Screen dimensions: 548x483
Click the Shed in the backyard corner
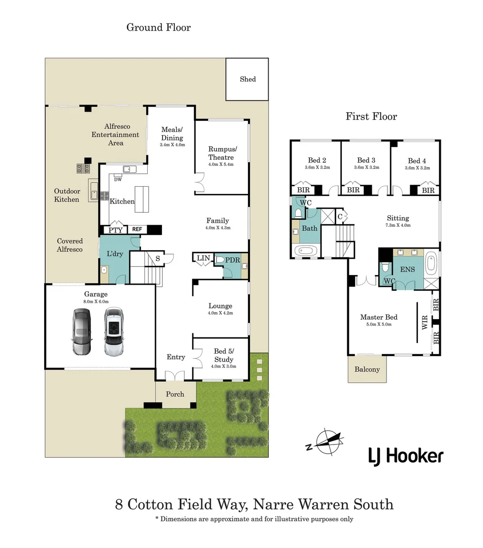247,79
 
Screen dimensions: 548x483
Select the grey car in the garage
81,332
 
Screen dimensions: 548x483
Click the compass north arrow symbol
326,441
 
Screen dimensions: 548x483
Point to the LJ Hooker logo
406,456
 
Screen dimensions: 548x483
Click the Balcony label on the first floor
367,369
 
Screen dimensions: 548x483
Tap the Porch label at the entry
175,394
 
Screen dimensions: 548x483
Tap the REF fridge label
137,230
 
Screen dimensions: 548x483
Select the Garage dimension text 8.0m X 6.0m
96,302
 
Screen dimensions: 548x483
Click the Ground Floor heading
158,27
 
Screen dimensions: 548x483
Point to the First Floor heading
371,116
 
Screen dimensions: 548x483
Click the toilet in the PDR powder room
219,259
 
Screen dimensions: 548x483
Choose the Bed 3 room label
366,161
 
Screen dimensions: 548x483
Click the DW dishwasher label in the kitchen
118,179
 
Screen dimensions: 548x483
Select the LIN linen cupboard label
203,258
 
